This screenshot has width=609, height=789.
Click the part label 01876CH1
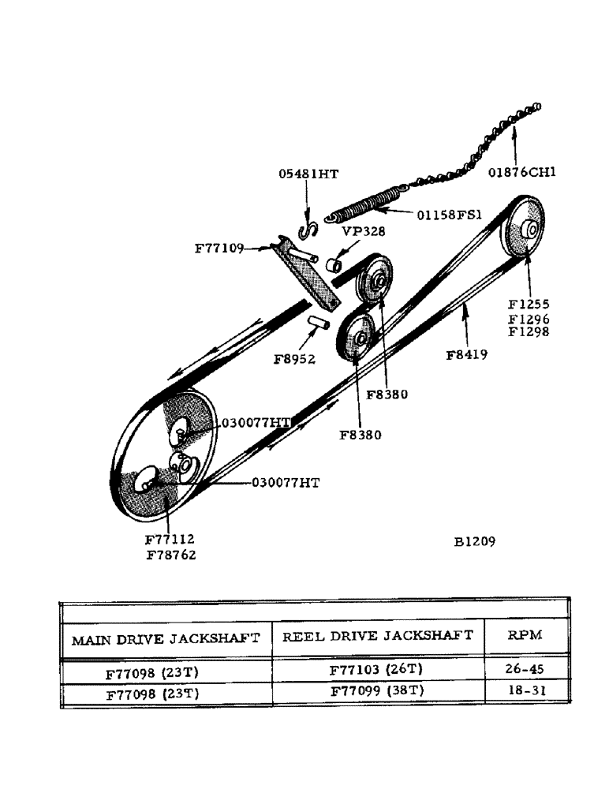point(521,171)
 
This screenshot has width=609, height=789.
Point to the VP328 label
point(362,234)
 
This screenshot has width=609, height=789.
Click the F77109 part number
point(219,248)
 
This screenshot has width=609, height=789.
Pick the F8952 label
point(294,359)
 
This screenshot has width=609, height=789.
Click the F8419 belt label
point(466,355)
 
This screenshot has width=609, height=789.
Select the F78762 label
point(170,555)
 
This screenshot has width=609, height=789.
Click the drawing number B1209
point(474,541)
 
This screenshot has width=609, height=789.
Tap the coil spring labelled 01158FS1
point(364,204)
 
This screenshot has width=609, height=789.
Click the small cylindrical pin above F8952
point(317,323)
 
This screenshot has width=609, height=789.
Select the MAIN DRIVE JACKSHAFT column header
point(166,639)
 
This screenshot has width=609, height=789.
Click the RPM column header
point(525,635)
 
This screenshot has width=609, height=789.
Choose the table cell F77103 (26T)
point(377,671)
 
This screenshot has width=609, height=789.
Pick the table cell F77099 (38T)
point(377,692)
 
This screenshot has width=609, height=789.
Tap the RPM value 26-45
point(525,671)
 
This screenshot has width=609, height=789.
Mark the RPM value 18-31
point(525,692)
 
